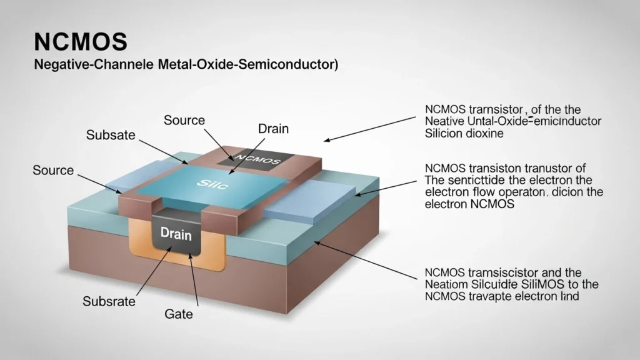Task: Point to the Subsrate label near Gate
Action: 109,301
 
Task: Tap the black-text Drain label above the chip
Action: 273,129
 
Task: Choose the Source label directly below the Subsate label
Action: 53,170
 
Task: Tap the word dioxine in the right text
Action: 482,132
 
